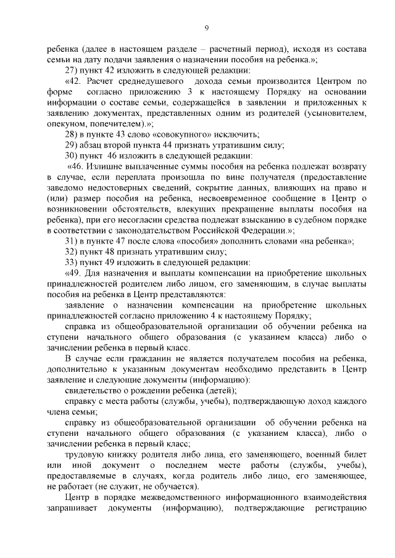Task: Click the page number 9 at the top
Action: pos(207,28)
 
